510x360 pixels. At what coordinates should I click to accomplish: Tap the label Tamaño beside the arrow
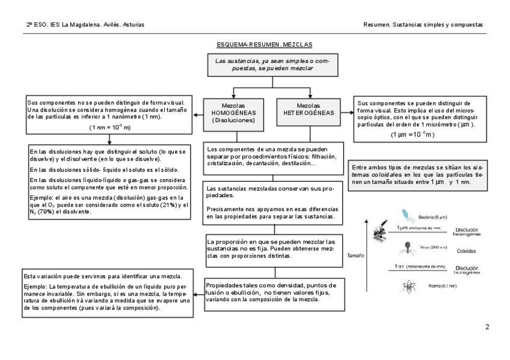[x=355, y=255]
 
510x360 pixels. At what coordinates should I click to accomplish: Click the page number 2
[x=487, y=327]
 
